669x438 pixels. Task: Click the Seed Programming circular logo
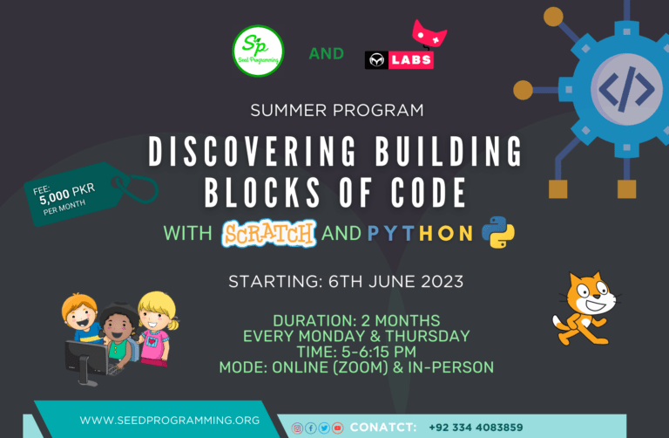pyautogui.click(x=258, y=51)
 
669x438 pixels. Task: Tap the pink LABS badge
pyautogui.click(x=411, y=60)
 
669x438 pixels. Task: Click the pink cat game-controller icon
pyautogui.click(x=429, y=34)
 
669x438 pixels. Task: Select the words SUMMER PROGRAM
pyautogui.click(x=337, y=110)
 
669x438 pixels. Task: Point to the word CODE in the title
pyautogui.click(x=429, y=193)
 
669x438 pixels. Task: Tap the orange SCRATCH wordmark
pyautogui.click(x=269, y=233)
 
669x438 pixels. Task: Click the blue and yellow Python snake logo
pyautogui.click(x=498, y=232)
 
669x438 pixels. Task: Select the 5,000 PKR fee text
pyautogui.click(x=67, y=194)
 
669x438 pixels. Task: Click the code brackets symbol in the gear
pyautogui.click(x=626, y=89)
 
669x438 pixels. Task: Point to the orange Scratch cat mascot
pyautogui.click(x=585, y=309)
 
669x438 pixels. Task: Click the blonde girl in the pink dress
pyautogui.click(x=157, y=328)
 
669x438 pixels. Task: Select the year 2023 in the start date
pyautogui.click(x=442, y=282)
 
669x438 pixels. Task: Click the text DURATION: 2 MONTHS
pyautogui.click(x=356, y=320)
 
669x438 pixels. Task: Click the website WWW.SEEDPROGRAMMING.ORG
pyautogui.click(x=169, y=421)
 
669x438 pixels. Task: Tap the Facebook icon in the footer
pyautogui.click(x=311, y=428)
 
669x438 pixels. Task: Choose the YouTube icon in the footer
pyautogui.click(x=337, y=428)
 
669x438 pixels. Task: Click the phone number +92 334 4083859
pyautogui.click(x=476, y=428)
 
